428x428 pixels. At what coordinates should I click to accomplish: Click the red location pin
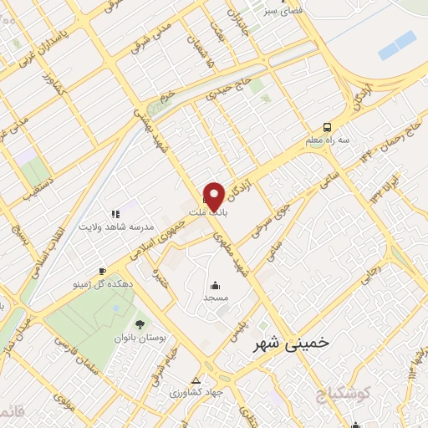click(214, 196)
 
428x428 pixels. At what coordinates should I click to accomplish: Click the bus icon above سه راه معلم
click(327, 128)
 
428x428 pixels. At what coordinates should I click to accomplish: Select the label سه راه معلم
click(327, 141)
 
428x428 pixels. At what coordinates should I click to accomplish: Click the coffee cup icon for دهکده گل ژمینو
click(102, 271)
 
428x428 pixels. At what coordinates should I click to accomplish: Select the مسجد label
click(216, 297)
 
